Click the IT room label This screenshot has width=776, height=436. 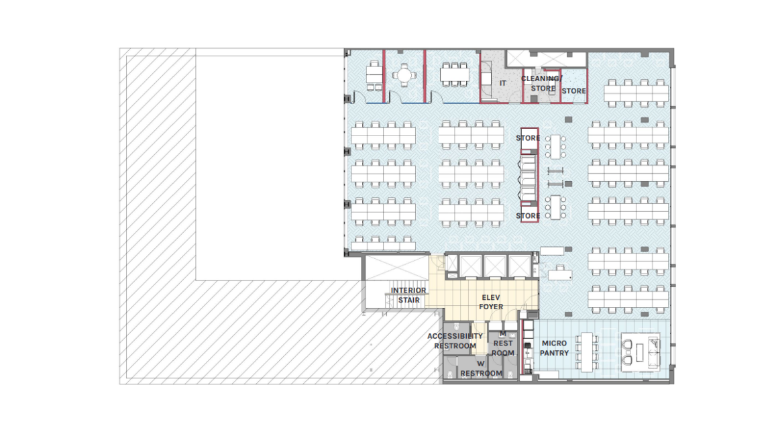[503, 83]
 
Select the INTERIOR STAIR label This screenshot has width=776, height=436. [408, 295]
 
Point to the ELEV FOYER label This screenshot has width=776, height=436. [491, 302]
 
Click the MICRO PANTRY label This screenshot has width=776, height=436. [554, 348]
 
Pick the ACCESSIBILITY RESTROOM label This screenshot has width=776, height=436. [455, 341]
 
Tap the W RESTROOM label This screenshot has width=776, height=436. [481, 369]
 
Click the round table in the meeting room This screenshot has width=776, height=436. [404, 75]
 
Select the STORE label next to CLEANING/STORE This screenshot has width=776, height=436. [573, 91]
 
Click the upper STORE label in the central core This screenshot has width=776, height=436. [528, 138]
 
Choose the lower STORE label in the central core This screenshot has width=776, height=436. [528, 216]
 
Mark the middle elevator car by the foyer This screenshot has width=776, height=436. [494, 266]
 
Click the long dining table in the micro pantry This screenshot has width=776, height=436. [587, 352]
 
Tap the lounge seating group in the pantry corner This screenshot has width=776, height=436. [641, 352]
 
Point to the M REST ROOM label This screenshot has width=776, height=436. [503, 343]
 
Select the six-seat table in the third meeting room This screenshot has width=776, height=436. [454, 75]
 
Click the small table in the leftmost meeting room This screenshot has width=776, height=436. [374, 76]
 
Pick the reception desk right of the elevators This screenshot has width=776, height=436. [560, 274]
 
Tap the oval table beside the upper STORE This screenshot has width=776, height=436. [556, 146]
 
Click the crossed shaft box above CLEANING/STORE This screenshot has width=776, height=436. [546, 59]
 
